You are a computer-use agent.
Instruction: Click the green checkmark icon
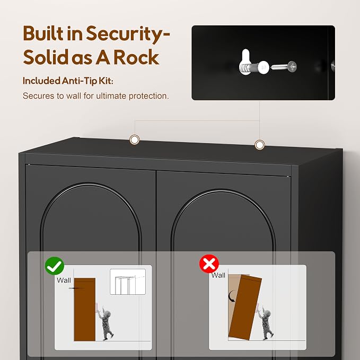55,266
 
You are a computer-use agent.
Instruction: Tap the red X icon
209,264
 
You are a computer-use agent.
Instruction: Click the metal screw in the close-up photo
284,67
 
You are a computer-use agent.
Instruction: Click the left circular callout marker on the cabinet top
135,139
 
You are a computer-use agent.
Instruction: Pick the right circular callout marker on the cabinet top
260,145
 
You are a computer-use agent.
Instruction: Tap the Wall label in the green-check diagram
64,280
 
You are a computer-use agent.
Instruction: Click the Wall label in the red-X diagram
218,275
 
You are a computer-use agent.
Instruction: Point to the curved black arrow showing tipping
232,296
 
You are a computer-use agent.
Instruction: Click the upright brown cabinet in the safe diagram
85,310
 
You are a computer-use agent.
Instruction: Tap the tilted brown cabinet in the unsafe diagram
245,308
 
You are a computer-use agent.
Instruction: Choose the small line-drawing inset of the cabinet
128,282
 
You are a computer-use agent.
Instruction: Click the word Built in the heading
43,33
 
